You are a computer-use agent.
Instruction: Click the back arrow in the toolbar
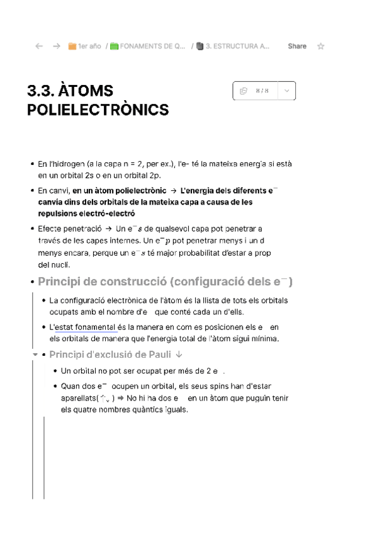tap(39, 46)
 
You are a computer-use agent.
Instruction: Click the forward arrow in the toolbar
tap(57, 46)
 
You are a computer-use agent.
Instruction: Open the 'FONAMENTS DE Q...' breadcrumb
tap(148, 46)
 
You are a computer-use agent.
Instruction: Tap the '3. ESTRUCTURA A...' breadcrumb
tap(233, 46)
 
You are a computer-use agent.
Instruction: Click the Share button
tap(297, 46)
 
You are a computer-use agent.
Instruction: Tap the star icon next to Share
tap(321, 46)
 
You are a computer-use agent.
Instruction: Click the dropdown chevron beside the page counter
tap(286, 91)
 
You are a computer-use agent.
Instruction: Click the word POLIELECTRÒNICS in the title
tap(98, 110)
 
